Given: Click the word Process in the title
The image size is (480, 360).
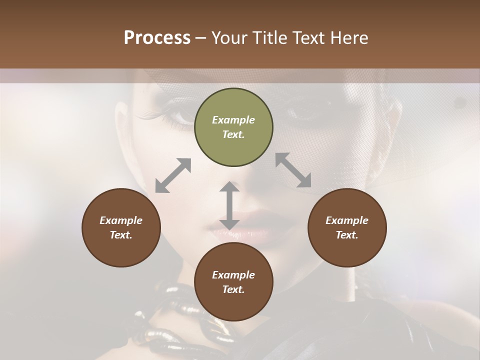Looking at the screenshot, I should point(157,38).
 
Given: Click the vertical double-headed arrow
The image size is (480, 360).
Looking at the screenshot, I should point(229,205).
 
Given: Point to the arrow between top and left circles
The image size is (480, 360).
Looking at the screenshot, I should point(173,175).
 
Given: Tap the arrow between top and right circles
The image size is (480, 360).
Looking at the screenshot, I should point(293,170).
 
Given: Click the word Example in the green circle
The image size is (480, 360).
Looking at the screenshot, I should point(233,120).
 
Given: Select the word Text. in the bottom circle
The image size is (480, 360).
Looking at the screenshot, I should point(233,289).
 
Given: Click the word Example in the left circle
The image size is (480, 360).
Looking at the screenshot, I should point(121,220).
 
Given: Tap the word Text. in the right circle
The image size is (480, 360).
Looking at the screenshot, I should point(347,235).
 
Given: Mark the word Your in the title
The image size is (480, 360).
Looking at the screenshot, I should point(227,38).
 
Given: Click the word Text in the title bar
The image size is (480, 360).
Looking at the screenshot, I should point(305,38).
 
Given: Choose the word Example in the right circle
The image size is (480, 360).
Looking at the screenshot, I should point(347,220).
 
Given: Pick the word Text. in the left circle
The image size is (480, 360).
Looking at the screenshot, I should point(121,235).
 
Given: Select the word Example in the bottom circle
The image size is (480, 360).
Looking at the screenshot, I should point(233,275).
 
